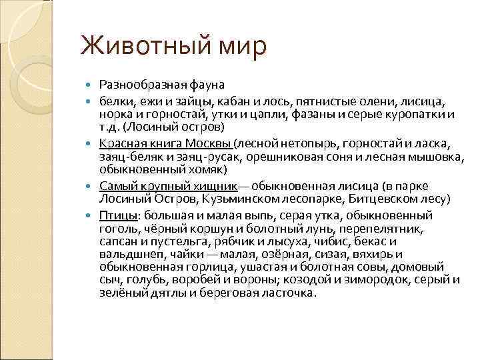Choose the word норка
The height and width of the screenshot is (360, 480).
pos(114,114)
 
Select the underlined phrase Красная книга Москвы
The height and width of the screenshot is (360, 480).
pos(165,143)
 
